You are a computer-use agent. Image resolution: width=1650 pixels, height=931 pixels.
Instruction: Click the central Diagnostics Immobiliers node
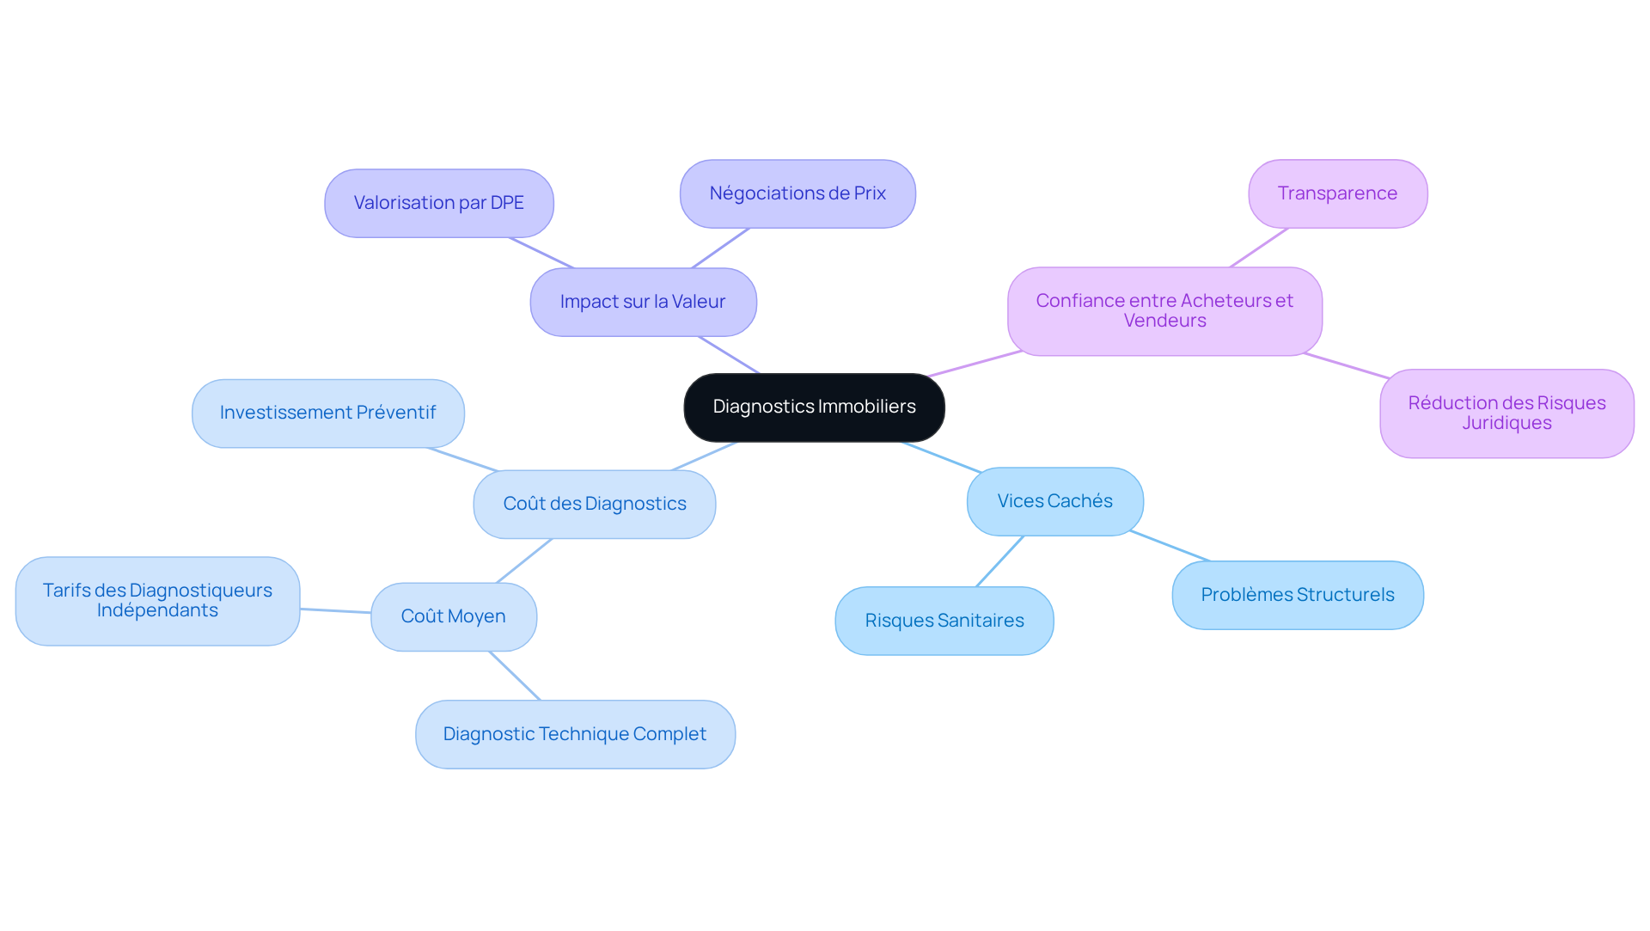(814, 407)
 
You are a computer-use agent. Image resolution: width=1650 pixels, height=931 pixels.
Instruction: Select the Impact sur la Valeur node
(643, 302)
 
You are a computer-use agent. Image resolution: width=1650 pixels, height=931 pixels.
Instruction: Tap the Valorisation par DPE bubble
(438, 203)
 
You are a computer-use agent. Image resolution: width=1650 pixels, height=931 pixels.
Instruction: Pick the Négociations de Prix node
(797, 193)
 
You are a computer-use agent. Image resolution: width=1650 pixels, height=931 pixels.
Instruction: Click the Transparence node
(1337, 193)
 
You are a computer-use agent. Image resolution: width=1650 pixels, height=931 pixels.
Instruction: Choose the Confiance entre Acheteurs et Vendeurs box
(1164, 310)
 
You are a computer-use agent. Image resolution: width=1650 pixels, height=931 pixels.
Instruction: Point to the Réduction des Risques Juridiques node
(1506, 413)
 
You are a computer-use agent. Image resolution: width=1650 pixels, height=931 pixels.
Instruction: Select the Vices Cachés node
(1054, 501)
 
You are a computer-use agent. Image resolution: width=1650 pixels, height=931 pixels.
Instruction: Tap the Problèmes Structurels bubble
(1297, 595)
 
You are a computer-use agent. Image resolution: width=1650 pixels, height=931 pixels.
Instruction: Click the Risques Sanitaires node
(944, 621)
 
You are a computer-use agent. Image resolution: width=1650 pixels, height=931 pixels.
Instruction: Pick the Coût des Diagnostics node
(594, 504)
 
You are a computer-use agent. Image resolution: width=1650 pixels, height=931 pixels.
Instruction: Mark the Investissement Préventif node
(327, 413)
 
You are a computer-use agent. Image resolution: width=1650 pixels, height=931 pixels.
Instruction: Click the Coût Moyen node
(453, 616)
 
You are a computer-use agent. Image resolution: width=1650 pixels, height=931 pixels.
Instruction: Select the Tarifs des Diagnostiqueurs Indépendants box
(157, 600)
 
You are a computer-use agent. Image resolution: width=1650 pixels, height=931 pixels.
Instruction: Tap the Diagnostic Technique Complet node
(574, 734)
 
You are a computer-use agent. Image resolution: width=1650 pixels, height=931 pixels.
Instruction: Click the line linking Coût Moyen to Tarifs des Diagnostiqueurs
(335, 610)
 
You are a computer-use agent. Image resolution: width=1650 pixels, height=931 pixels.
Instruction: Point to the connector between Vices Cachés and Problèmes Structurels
(1170, 546)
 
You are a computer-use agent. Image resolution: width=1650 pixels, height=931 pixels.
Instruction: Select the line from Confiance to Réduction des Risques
(1346, 365)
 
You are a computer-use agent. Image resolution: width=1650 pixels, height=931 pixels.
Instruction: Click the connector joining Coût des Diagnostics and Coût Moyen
(523, 560)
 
